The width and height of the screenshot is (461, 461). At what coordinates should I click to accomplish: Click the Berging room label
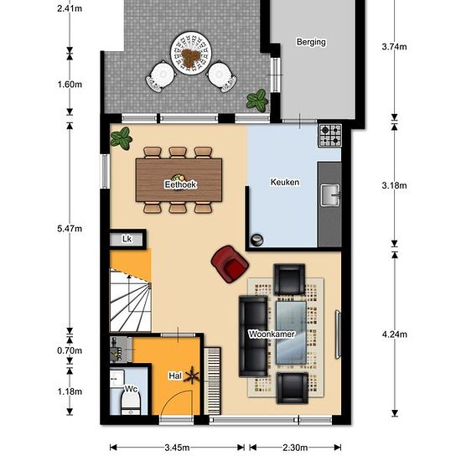(311, 42)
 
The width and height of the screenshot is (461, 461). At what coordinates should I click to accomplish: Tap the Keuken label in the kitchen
(285, 182)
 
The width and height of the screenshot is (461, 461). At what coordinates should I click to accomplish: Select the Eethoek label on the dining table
(180, 184)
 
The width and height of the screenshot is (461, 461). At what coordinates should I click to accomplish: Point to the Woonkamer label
(272, 334)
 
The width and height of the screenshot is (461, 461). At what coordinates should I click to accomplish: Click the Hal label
(175, 376)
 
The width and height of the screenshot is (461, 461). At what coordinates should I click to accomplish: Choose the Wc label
(131, 389)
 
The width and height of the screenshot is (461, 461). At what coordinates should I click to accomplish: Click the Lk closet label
(127, 239)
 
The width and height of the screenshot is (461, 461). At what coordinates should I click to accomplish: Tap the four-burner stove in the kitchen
(330, 135)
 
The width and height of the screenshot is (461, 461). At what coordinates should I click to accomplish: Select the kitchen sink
(330, 195)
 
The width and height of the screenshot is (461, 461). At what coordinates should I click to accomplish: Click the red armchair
(230, 264)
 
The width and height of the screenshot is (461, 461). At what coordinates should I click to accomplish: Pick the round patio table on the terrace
(191, 53)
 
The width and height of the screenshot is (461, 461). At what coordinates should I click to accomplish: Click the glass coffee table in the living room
(291, 333)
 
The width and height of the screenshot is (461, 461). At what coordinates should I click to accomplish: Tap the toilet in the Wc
(130, 401)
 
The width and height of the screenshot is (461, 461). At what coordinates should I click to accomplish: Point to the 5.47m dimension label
(70, 229)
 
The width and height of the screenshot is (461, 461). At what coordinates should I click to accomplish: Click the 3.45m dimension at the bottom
(177, 448)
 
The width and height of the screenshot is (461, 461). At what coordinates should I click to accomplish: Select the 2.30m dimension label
(295, 448)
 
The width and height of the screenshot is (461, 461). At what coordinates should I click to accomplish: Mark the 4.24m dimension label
(395, 334)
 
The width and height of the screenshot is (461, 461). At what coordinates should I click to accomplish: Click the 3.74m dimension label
(394, 47)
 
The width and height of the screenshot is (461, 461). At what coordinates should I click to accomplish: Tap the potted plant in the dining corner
(122, 138)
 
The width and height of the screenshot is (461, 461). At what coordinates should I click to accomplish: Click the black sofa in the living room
(253, 337)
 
